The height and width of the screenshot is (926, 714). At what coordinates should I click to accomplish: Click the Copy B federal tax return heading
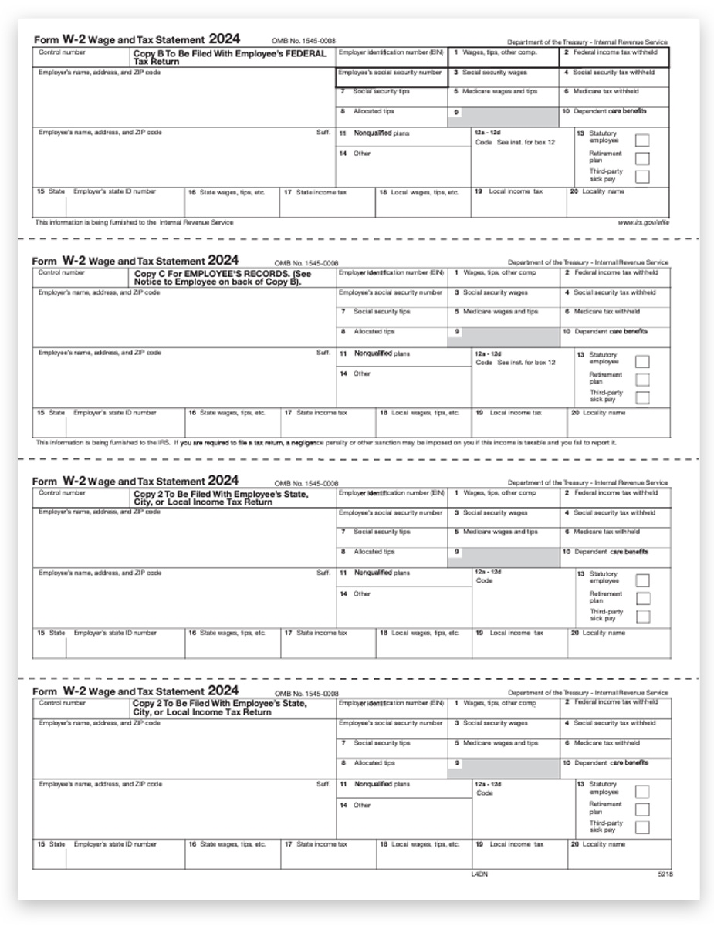pyautogui.click(x=229, y=58)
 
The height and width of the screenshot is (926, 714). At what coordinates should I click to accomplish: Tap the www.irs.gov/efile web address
pyautogui.click(x=643, y=222)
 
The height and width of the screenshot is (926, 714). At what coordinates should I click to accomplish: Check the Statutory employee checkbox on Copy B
pyautogui.click(x=641, y=140)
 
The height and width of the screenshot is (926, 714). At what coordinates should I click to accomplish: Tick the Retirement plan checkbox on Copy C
pyautogui.click(x=641, y=380)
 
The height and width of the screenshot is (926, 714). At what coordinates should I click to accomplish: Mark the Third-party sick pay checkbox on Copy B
pyautogui.click(x=641, y=177)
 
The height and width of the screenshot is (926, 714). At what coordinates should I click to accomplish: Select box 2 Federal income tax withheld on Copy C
pyautogui.click(x=614, y=273)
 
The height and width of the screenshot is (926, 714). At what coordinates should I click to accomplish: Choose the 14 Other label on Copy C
pyautogui.click(x=361, y=373)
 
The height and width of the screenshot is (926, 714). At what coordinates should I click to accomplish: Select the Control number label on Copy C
pyautogui.click(x=62, y=273)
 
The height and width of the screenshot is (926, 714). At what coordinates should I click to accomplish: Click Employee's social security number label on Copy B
pyautogui.click(x=391, y=73)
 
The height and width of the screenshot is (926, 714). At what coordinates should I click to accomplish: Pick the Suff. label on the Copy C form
pyautogui.click(x=323, y=353)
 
